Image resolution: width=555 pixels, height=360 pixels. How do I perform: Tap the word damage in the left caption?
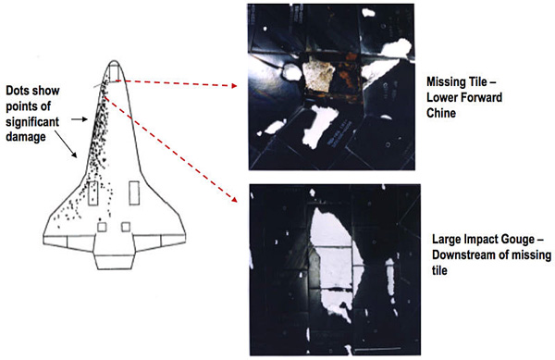[x=26, y=137]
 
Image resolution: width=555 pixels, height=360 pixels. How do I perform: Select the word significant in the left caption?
[x=32, y=122]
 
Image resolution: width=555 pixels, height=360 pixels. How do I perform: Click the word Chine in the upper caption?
[x=440, y=113]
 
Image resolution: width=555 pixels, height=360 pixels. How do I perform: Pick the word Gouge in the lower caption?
[x=518, y=240]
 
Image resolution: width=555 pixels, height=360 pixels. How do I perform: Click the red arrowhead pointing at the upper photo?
[x=234, y=86]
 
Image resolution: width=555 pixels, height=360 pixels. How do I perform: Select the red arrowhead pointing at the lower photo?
[x=234, y=199]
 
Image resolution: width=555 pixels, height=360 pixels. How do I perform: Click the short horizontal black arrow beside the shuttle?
[x=80, y=119]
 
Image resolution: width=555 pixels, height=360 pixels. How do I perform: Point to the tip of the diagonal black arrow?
[x=76, y=157]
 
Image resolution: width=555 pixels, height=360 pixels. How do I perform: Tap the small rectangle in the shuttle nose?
[x=114, y=72]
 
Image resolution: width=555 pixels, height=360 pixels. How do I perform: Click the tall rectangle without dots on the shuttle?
[x=134, y=192]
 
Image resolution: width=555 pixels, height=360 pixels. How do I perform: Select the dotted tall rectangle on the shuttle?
[x=92, y=193]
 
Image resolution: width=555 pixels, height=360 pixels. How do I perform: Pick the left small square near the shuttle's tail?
[x=102, y=227]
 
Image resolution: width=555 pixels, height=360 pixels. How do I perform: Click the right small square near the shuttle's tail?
[x=126, y=227]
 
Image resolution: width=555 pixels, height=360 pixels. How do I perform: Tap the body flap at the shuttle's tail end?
[x=115, y=261]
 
